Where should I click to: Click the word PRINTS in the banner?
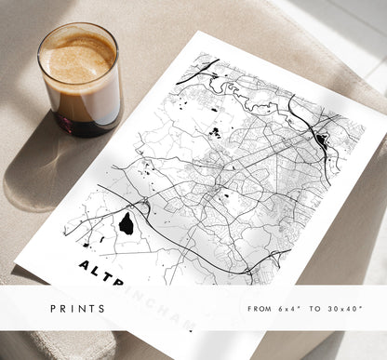(79, 308)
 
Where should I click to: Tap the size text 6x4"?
(291, 308)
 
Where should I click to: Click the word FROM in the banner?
(260, 308)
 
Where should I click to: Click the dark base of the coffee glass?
(82, 122)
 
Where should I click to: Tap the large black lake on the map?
(126, 223)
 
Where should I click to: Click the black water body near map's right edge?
(322, 141)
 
